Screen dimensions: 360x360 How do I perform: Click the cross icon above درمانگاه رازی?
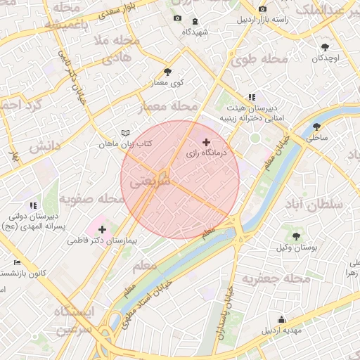[205, 142]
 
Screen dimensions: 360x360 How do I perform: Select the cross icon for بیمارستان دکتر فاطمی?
[103, 229]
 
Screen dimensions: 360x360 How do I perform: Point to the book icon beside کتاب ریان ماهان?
[126, 133]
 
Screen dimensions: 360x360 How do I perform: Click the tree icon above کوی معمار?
[167, 72]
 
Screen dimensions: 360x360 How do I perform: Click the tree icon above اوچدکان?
[324, 47]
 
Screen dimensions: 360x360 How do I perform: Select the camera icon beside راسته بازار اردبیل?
[262, 9]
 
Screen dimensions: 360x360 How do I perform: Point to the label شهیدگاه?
[195, 32]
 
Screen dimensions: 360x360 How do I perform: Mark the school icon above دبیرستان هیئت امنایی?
[251, 98]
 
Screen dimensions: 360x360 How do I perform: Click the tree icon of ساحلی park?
[317, 127]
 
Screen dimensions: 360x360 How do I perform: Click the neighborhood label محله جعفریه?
[276, 279]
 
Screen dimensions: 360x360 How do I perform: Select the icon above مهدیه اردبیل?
[281, 320]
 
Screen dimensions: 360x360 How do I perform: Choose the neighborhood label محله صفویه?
[91, 199]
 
